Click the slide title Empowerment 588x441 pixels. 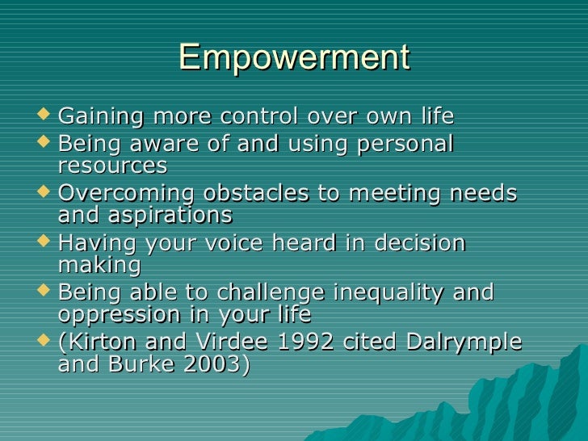tap(294, 58)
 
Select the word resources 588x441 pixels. tap(112, 166)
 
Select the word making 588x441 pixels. tap(99, 265)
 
